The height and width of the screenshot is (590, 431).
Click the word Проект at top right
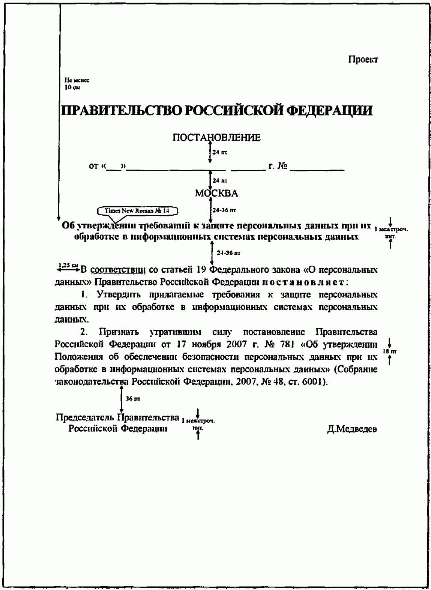[x=363, y=60]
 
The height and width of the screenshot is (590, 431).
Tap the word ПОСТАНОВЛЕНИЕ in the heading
[x=216, y=138]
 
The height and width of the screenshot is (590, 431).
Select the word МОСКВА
[x=216, y=194]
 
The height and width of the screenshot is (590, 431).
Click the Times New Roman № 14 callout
[x=137, y=211]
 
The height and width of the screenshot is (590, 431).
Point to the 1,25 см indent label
[x=65, y=266]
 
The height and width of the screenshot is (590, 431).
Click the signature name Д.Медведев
[x=352, y=429]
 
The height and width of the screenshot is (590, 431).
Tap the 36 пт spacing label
[x=133, y=399]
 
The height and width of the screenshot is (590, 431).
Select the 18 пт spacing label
[x=390, y=351]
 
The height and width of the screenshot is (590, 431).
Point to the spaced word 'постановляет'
[x=305, y=282]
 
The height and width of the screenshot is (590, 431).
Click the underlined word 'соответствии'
[x=118, y=270]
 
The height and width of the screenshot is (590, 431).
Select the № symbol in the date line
[x=282, y=166]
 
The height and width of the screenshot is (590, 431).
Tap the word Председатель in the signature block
[x=85, y=417]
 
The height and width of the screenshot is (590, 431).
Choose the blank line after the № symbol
[x=317, y=169]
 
